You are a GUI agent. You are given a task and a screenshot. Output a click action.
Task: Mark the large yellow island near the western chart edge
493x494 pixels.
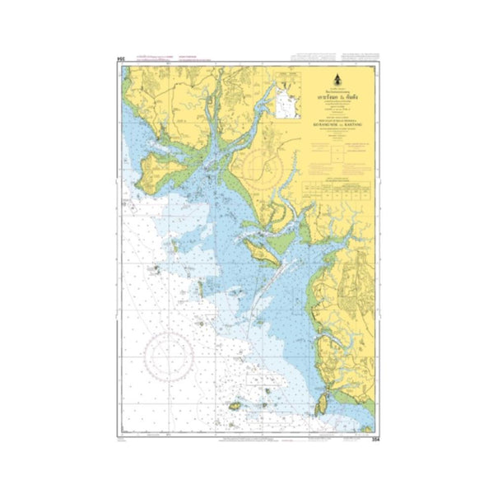pos(151,169)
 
